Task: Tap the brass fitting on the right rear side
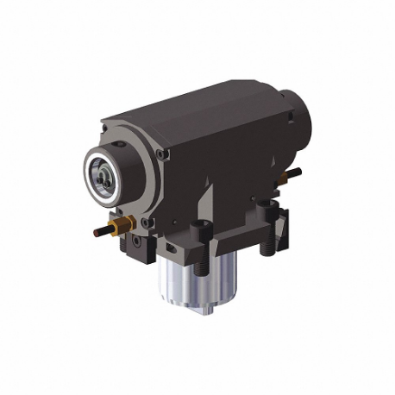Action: (282, 177)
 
